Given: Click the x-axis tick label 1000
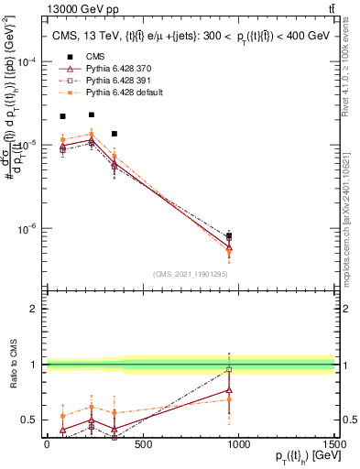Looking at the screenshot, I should point(239,444).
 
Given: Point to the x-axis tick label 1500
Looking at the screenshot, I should point(334,444).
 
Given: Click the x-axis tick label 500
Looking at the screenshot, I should point(143,444).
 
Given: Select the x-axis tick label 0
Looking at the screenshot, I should point(47,444).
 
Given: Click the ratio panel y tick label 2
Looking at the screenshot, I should point(36,310).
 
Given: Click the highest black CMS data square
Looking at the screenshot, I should point(92,115).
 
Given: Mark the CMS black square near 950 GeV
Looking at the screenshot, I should point(228,236).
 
